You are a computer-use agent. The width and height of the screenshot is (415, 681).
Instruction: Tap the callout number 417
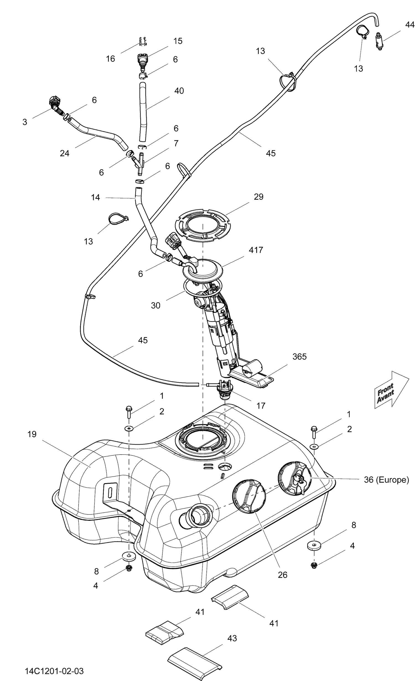point(256,250)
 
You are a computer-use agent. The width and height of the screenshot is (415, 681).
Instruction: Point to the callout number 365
point(299,356)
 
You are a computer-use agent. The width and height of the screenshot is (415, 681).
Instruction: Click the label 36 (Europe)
point(386,480)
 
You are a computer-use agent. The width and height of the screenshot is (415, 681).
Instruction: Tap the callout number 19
point(32,434)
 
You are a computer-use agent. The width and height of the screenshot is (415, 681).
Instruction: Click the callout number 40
point(179,91)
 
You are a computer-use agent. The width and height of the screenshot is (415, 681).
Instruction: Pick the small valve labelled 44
point(379,41)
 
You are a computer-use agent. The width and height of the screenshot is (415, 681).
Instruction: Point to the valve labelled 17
point(224,390)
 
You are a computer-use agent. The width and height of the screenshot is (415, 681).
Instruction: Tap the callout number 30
point(155,305)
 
